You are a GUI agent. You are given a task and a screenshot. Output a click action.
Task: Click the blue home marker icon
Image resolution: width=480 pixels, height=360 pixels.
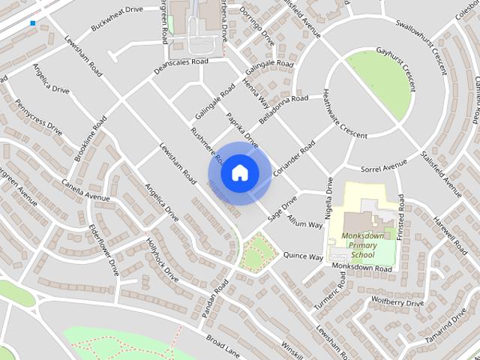(x=239, y=172)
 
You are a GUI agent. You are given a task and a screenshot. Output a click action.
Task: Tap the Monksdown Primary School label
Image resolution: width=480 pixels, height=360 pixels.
(x=367, y=244)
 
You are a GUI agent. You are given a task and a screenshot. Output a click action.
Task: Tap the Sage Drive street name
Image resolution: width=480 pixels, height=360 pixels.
(x=282, y=208)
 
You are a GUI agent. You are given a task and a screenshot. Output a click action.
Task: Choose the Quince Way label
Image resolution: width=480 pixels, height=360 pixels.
(x=304, y=256)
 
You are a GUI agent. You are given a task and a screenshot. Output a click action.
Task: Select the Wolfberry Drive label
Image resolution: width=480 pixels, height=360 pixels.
(x=397, y=302)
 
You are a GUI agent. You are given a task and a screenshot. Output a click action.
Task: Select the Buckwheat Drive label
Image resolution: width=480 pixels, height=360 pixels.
(x=116, y=18)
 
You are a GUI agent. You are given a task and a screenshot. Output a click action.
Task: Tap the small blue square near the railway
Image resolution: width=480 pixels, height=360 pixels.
(x=33, y=24)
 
